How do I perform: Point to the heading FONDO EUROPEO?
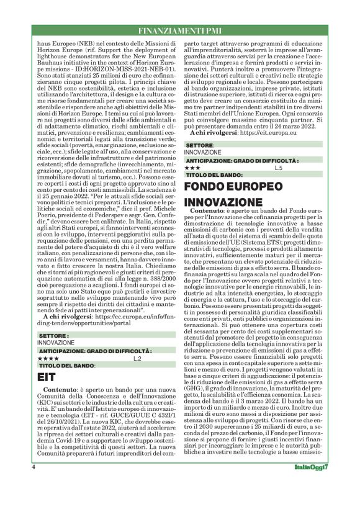[233, 186]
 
